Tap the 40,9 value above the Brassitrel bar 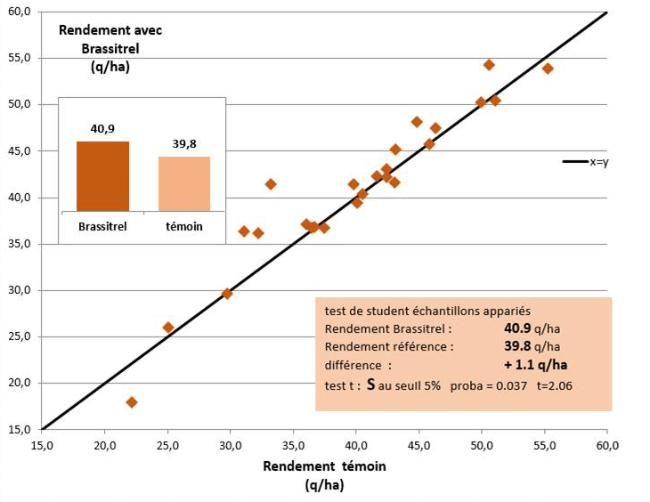pos(102,129)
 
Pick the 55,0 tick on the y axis pos(19,58)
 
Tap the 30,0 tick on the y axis pos(19,290)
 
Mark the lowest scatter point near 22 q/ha pos(132,402)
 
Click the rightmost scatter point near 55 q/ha pos(548,69)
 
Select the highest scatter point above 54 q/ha pos(489,65)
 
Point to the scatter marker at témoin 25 pos(168,328)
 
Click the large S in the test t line pos(371,384)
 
